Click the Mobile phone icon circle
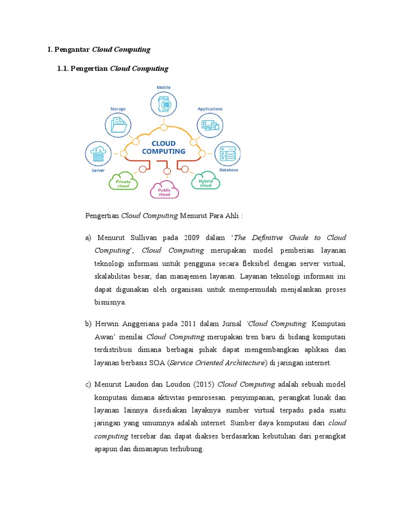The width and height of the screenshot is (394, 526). (164, 104)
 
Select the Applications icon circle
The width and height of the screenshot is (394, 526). (210, 125)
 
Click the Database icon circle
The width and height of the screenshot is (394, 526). (226, 154)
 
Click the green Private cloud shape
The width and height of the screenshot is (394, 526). (123, 181)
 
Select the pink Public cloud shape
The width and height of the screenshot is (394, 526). (164, 190)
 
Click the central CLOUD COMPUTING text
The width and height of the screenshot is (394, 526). (164, 147)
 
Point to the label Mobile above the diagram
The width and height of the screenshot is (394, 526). (164, 88)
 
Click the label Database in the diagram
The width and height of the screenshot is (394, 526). (228, 170)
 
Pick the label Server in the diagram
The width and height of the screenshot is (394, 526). (98, 171)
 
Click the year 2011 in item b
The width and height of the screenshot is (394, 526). (188, 324)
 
